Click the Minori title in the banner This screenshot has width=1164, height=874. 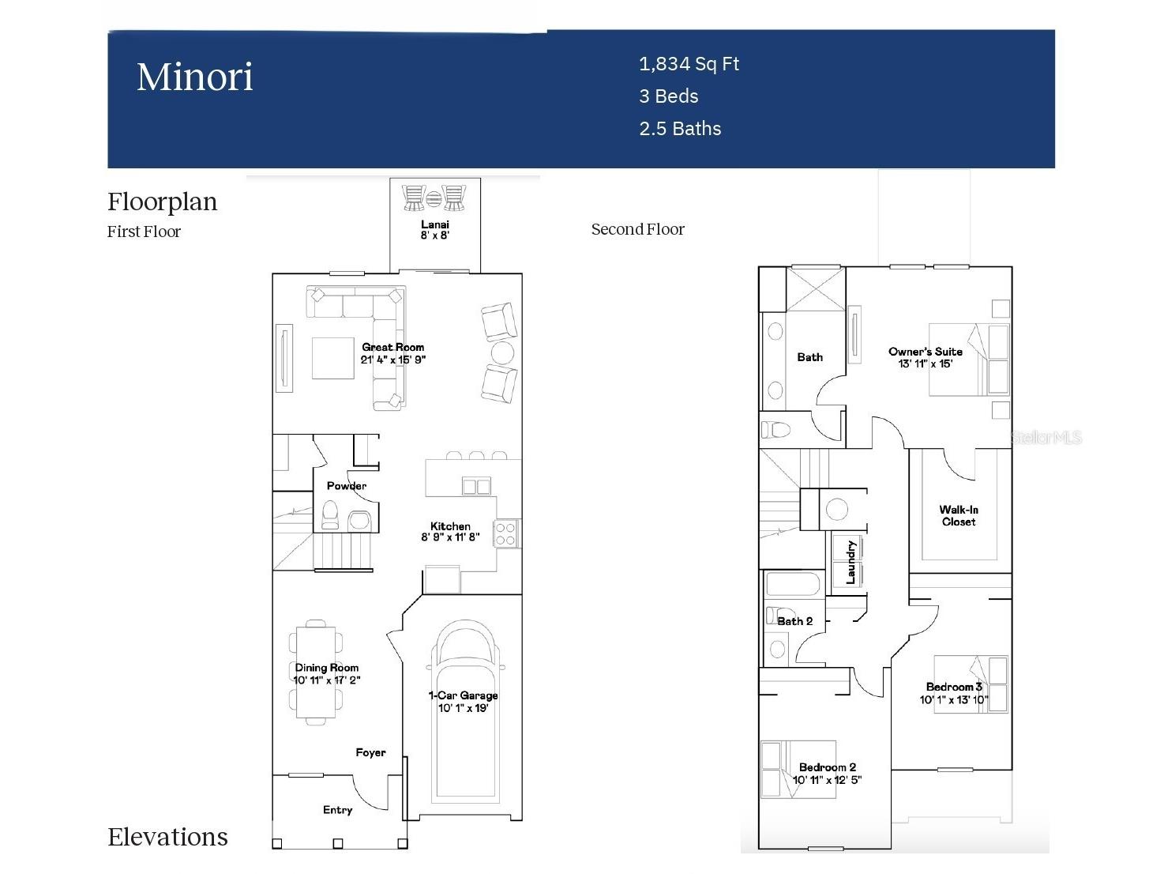pos(194,77)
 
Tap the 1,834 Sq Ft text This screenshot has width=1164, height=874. pos(689,64)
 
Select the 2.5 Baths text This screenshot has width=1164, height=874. pos(680,129)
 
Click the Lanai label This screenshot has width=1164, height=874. pos(434,225)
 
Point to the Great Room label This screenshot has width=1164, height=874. pos(392,347)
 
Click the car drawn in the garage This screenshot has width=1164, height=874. pos(465,711)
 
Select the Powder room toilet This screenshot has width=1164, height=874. pos(330,515)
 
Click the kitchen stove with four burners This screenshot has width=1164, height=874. pos(505,534)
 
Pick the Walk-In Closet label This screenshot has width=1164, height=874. pos(958,516)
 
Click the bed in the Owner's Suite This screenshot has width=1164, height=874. pos(969,360)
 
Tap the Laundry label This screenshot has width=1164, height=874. pos(850,562)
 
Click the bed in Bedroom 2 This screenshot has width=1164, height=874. pos(798,769)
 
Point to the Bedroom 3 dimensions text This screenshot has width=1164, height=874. pos(953,699)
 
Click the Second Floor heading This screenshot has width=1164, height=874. pos(637,229)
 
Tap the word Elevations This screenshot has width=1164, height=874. pos(167,837)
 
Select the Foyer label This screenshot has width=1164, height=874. pos(370,752)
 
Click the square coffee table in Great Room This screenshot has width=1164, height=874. pos(332,358)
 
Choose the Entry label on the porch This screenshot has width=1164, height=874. pos(337,810)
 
